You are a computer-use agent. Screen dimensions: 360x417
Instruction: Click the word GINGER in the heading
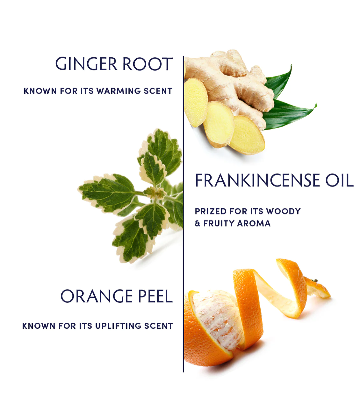point(86,64)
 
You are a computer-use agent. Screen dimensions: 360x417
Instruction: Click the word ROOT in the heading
point(148,64)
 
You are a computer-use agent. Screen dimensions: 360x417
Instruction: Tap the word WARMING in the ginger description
point(118,91)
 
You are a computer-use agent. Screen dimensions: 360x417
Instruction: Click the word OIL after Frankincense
point(339,180)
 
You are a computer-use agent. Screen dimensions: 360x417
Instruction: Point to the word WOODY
point(283,211)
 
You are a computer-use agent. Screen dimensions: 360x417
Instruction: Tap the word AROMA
point(254,223)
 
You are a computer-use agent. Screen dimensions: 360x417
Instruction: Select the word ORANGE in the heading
point(97,296)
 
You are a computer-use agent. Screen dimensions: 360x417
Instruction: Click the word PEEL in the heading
point(155,296)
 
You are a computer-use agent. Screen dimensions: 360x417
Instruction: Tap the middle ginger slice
point(219,124)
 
